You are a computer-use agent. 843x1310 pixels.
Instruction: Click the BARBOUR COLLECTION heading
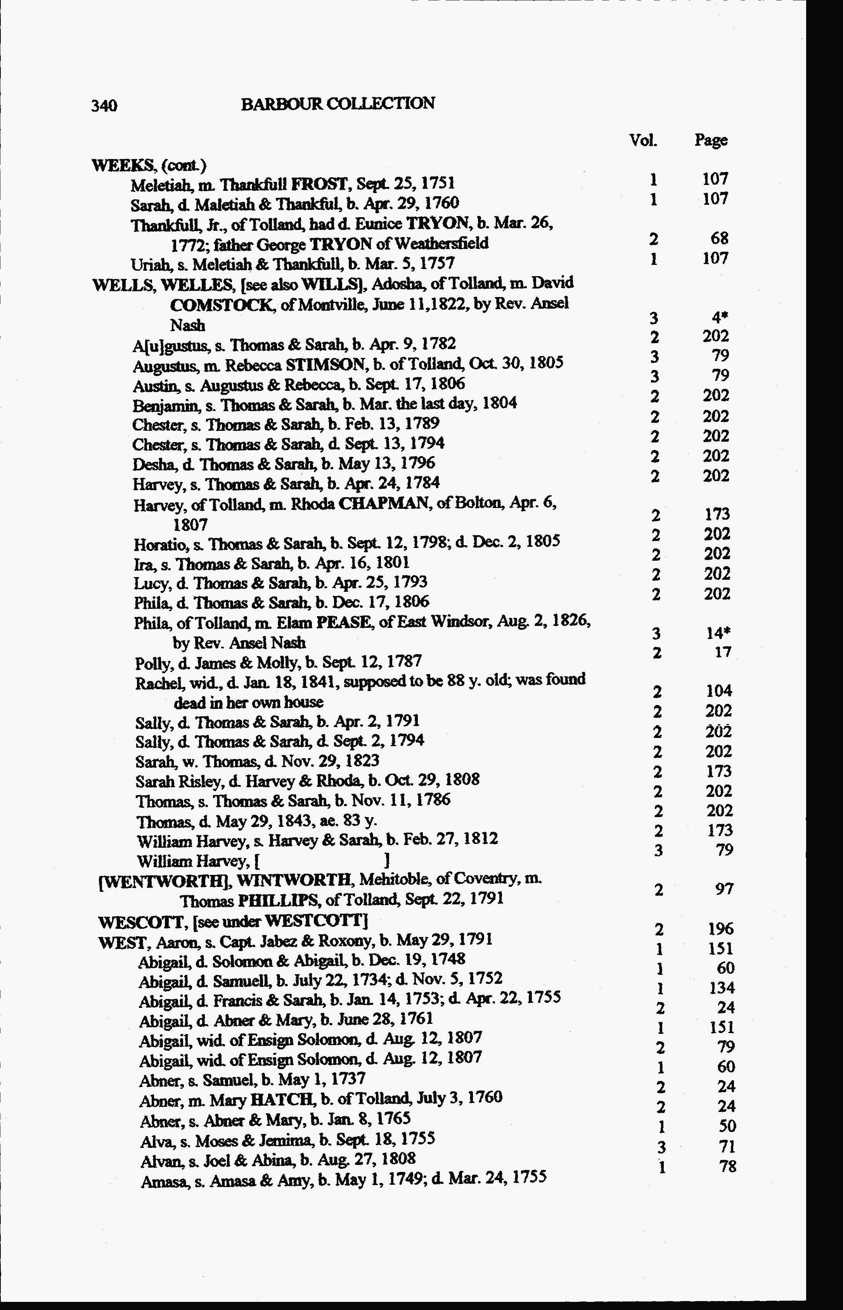tap(338, 104)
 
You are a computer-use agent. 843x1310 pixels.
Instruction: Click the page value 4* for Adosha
tap(720, 317)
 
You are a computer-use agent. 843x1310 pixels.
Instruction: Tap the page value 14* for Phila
tap(719, 633)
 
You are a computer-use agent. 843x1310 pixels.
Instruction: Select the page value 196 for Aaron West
tap(720, 929)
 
